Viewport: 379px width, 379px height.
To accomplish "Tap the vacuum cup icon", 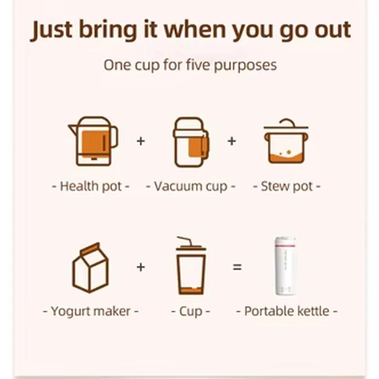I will click(x=190, y=142).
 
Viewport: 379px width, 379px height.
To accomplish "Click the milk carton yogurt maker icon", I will click(x=90, y=267).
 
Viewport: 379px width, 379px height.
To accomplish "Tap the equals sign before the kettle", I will click(x=237, y=267).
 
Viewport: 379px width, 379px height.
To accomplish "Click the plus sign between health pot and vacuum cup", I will click(x=141, y=141).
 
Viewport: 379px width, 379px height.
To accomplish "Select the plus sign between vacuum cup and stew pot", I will click(x=232, y=141).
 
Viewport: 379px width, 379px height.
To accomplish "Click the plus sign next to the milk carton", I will click(x=141, y=267).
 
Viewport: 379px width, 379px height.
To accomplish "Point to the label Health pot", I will click(x=90, y=186).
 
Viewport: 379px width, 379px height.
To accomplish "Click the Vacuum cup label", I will click(x=190, y=186).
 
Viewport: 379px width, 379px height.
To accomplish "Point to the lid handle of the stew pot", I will click(x=285, y=122).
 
